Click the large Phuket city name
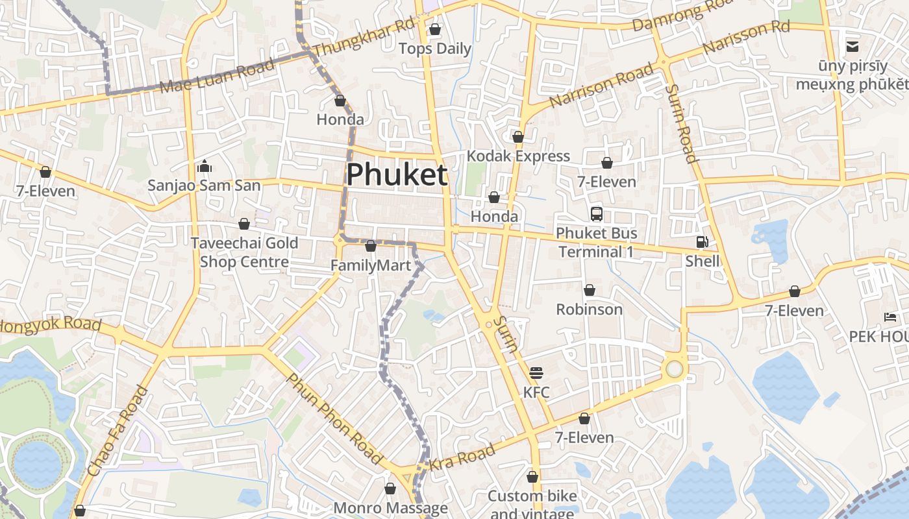pyautogui.click(x=397, y=175)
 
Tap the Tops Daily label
pyautogui.click(x=435, y=49)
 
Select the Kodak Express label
pyautogui.click(x=518, y=156)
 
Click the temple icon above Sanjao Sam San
pyautogui.click(x=205, y=167)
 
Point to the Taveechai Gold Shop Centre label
pyautogui.click(x=244, y=252)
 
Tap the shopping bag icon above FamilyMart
pyautogui.click(x=371, y=247)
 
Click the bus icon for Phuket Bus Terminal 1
pyautogui.click(x=596, y=213)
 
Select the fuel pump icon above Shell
pyautogui.click(x=702, y=242)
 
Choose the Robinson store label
pyautogui.click(x=589, y=309)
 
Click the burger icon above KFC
pyautogui.click(x=536, y=373)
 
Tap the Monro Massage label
pyautogui.click(x=390, y=507)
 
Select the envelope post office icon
pyautogui.click(x=852, y=46)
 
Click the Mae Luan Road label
pyautogui.click(x=217, y=76)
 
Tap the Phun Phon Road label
pyautogui.click(x=334, y=419)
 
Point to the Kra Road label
pyautogui.click(x=462, y=457)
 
